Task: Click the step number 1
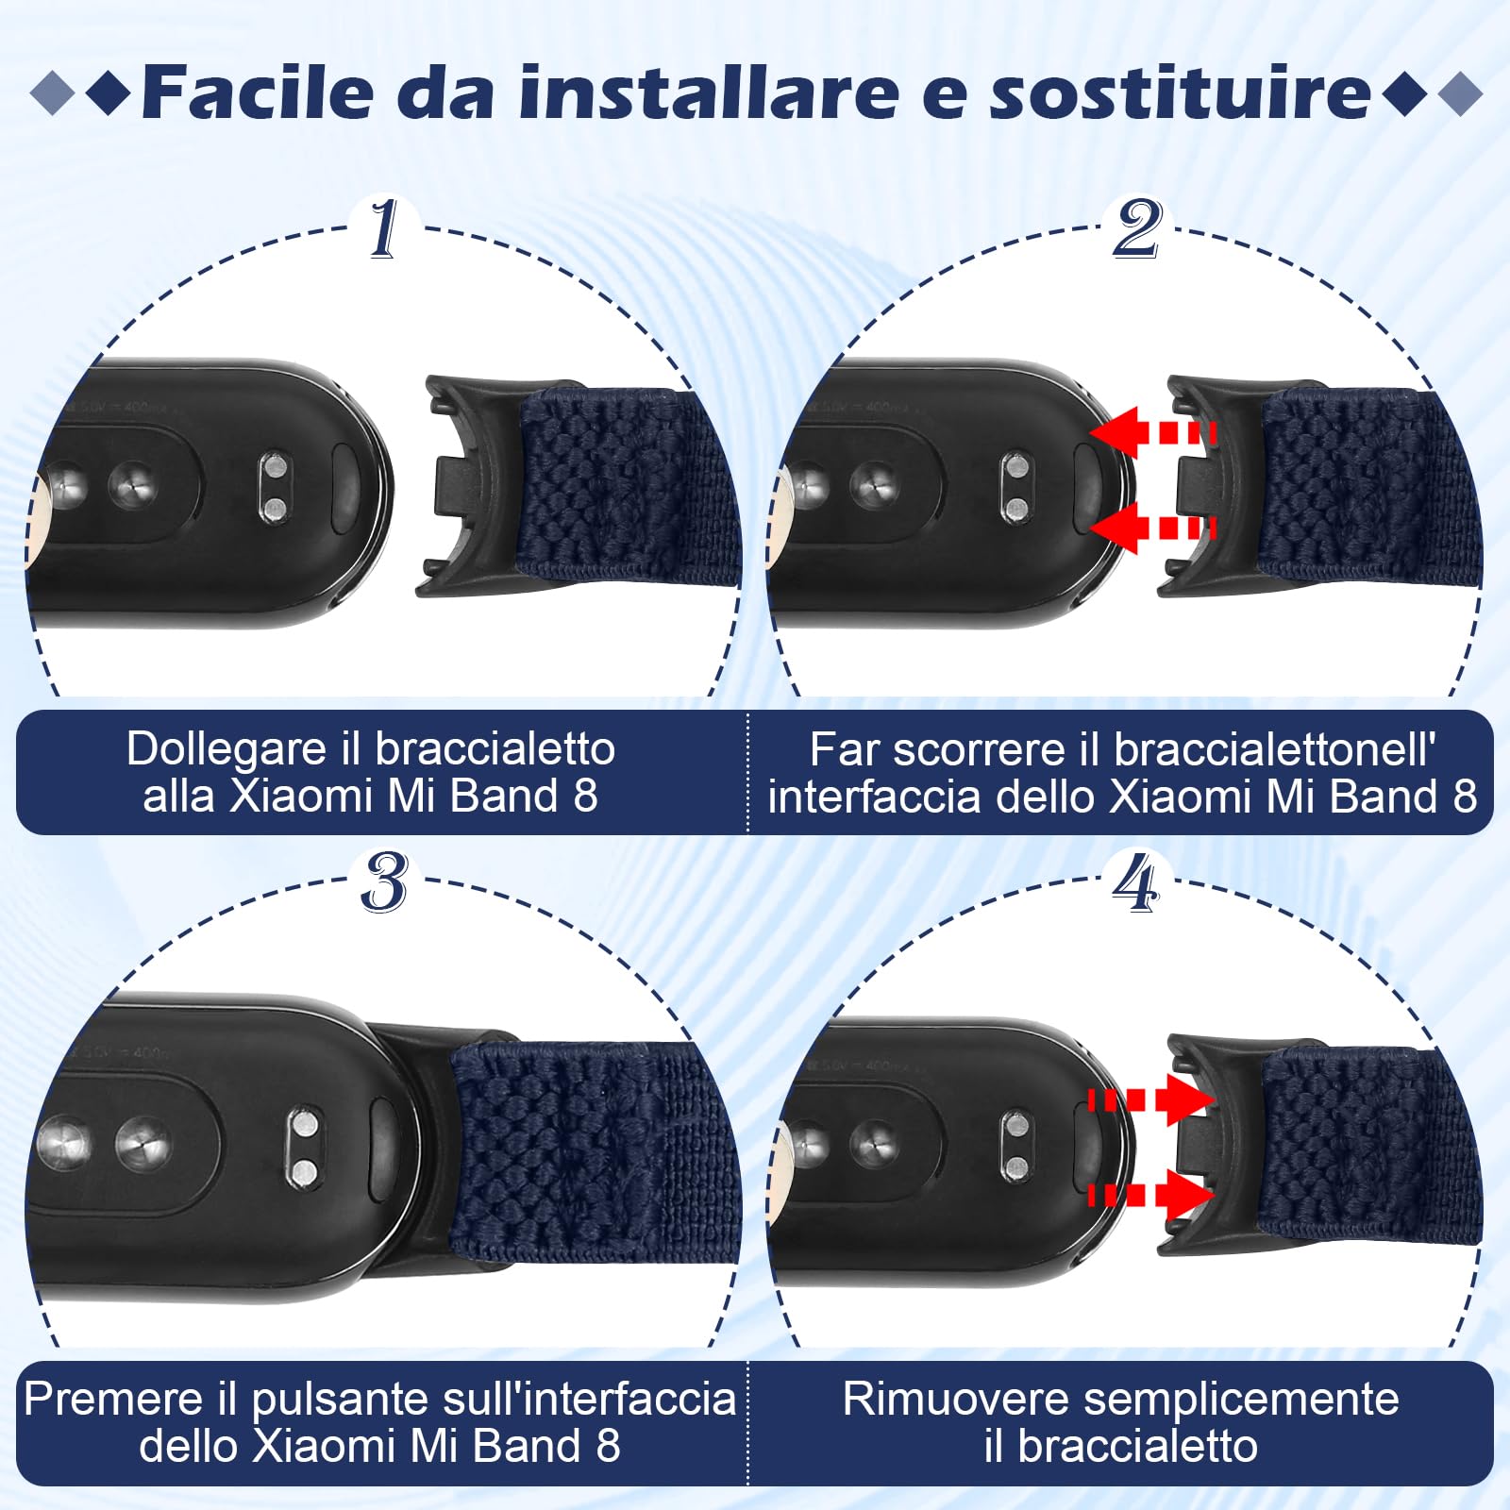pyautogui.click(x=382, y=228)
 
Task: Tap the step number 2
pyautogui.click(x=1136, y=228)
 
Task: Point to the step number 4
pyautogui.click(x=1135, y=882)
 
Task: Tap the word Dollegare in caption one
pyautogui.click(x=226, y=749)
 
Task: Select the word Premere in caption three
pyautogui.click(x=112, y=1399)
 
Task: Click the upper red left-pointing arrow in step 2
pyautogui.click(x=1151, y=434)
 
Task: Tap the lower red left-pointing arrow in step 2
pyautogui.click(x=1151, y=528)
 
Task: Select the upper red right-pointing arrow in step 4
pyautogui.click(x=1151, y=1099)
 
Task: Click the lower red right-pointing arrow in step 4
pyautogui.click(x=1151, y=1195)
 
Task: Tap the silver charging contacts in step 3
pyautogui.click(x=304, y=1148)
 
